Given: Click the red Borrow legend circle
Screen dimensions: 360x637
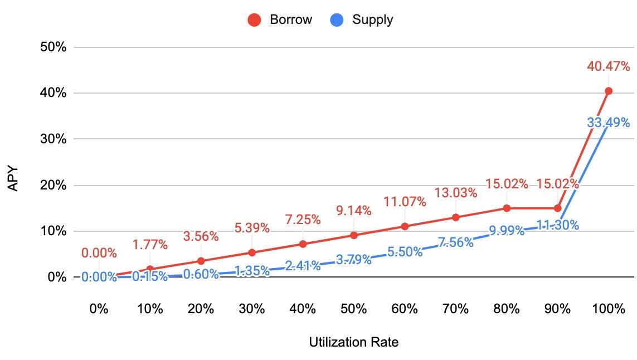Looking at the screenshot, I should (x=255, y=20).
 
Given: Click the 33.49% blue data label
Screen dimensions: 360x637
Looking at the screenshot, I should (x=609, y=123).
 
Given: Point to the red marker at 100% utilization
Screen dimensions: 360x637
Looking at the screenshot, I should (x=609, y=91).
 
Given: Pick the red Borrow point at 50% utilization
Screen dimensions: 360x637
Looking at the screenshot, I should (x=354, y=235).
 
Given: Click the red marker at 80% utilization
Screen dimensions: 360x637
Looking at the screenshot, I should (x=507, y=208).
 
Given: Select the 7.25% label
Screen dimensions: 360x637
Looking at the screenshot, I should (x=303, y=220).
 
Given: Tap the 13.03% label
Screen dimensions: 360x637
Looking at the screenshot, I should (x=456, y=193).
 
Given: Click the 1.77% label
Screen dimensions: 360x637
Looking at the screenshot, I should (x=150, y=244).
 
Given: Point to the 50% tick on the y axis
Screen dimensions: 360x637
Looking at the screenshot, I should (x=54, y=47).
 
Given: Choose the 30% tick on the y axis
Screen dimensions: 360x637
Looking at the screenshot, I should (x=54, y=139).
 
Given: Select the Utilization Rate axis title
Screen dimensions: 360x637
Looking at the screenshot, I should (x=354, y=342).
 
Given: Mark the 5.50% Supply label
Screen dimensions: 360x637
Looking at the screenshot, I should (x=405, y=252).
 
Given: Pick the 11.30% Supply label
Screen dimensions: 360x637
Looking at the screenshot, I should (x=557, y=225).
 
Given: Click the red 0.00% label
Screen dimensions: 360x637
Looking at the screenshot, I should (x=99, y=254).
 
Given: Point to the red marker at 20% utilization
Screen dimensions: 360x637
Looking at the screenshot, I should (x=201, y=261).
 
